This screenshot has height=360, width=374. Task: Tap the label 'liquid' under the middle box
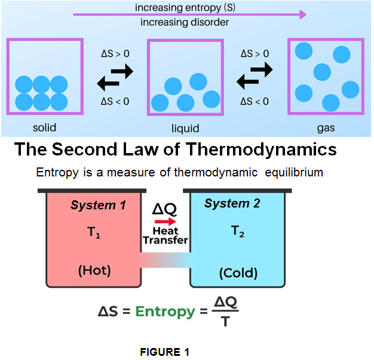coord(185,128)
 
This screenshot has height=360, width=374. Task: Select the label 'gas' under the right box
coord(326,127)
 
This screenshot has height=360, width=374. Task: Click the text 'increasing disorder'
coord(185,23)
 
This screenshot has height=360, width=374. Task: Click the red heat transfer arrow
coord(165,221)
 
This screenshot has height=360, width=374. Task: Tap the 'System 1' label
coord(98,206)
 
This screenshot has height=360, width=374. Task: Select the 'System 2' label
coord(232,203)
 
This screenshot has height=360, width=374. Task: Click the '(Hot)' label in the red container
coord(94,270)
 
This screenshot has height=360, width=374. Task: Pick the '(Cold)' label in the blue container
coord(238,273)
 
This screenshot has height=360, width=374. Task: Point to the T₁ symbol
coord(94,233)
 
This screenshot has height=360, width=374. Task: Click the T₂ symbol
coord(238,233)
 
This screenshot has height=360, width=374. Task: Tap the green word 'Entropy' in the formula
coord(165,311)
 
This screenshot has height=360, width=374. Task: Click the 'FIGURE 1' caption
coord(169,352)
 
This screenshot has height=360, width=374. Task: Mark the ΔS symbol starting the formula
coord(111,311)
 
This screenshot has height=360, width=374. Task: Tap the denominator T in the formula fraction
coord(223,321)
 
